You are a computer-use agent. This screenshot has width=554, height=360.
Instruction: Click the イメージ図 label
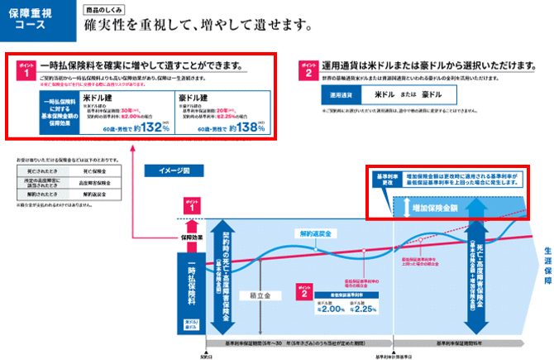173,171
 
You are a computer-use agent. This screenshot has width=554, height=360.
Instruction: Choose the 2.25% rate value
363,310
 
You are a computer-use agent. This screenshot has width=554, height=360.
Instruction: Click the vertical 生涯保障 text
546,264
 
